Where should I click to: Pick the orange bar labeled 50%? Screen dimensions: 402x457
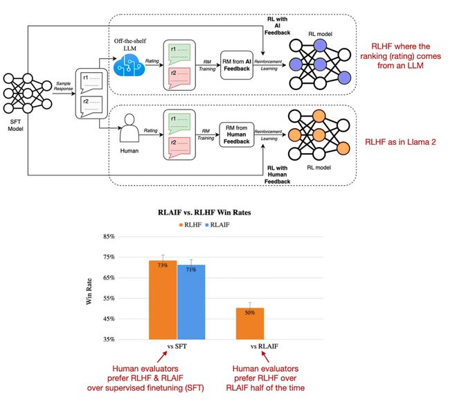click(x=250, y=324)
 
